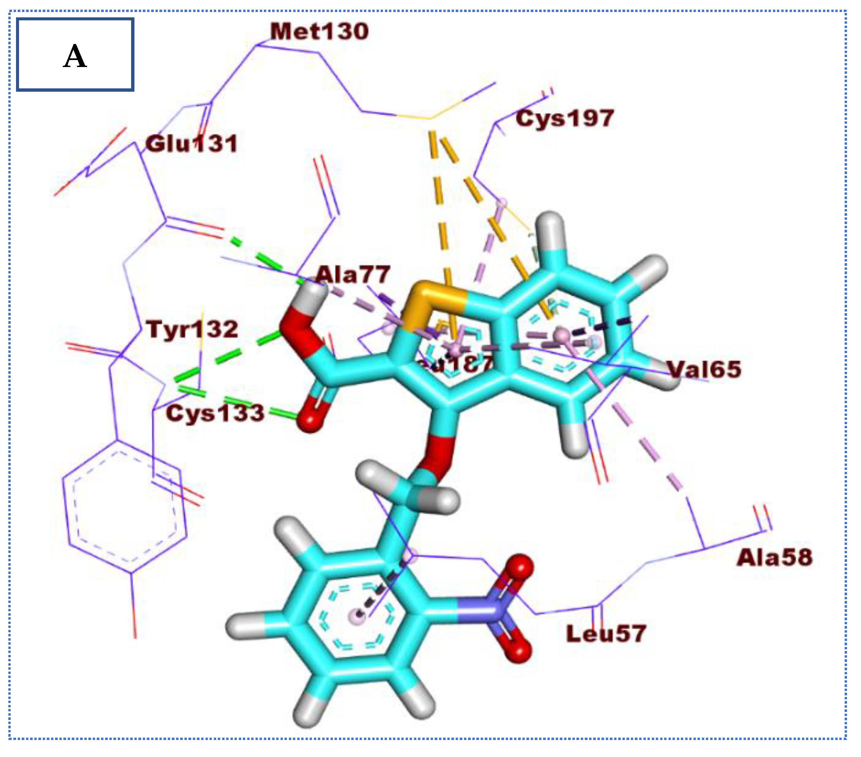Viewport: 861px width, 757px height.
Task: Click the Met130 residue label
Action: click(319, 32)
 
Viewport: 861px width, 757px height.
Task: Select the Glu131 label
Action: click(192, 144)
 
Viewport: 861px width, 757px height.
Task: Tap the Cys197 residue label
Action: click(564, 118)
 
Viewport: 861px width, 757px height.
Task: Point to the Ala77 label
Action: click(353, 275)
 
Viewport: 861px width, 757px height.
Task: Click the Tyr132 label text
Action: click(192, 329)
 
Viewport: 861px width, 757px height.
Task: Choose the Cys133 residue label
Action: click(215, 413)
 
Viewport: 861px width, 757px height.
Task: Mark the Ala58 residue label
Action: click(774, 558)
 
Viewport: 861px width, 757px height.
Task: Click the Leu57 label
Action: click(606, 634)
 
